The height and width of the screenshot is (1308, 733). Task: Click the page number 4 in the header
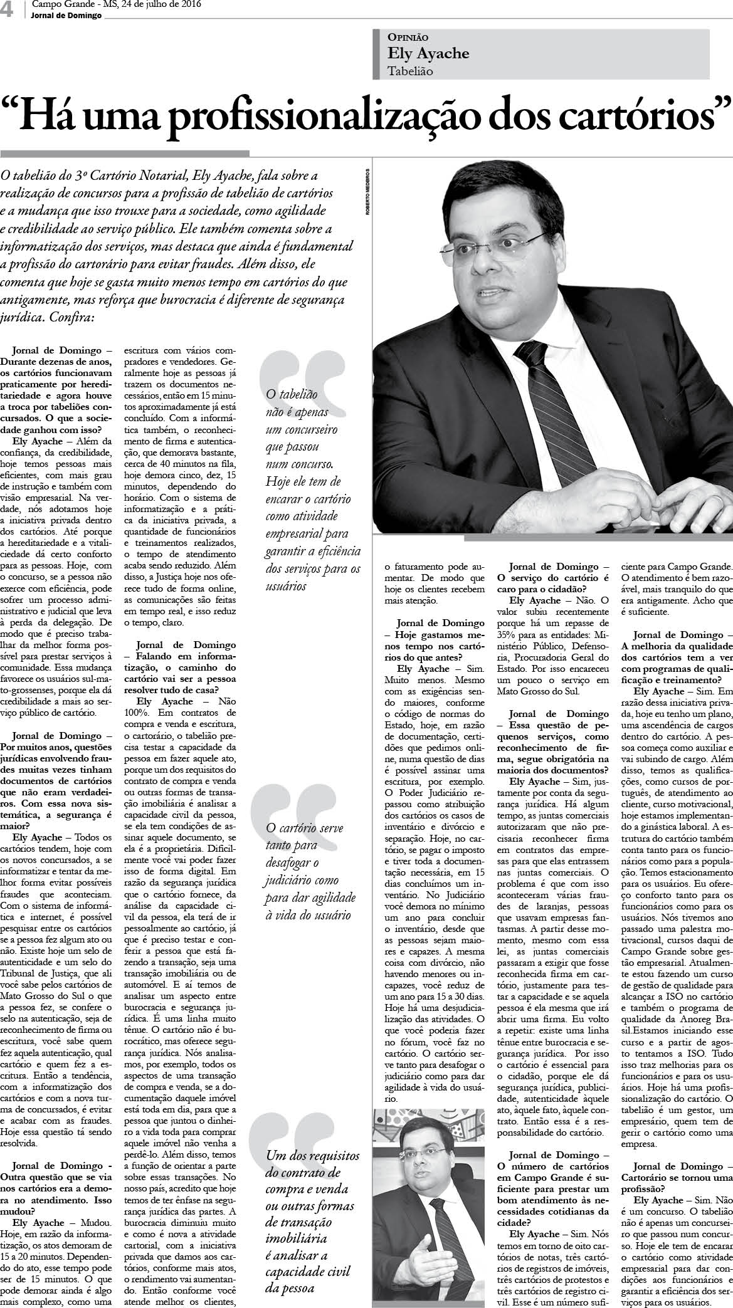click(9, 9)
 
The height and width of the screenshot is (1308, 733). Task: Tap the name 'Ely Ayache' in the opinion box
click(428, 53)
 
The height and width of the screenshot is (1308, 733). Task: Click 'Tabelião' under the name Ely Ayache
click(410, 71)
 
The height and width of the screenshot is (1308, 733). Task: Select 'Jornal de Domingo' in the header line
click(66, 16)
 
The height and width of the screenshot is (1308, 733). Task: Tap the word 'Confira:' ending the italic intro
click(69, 318)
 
